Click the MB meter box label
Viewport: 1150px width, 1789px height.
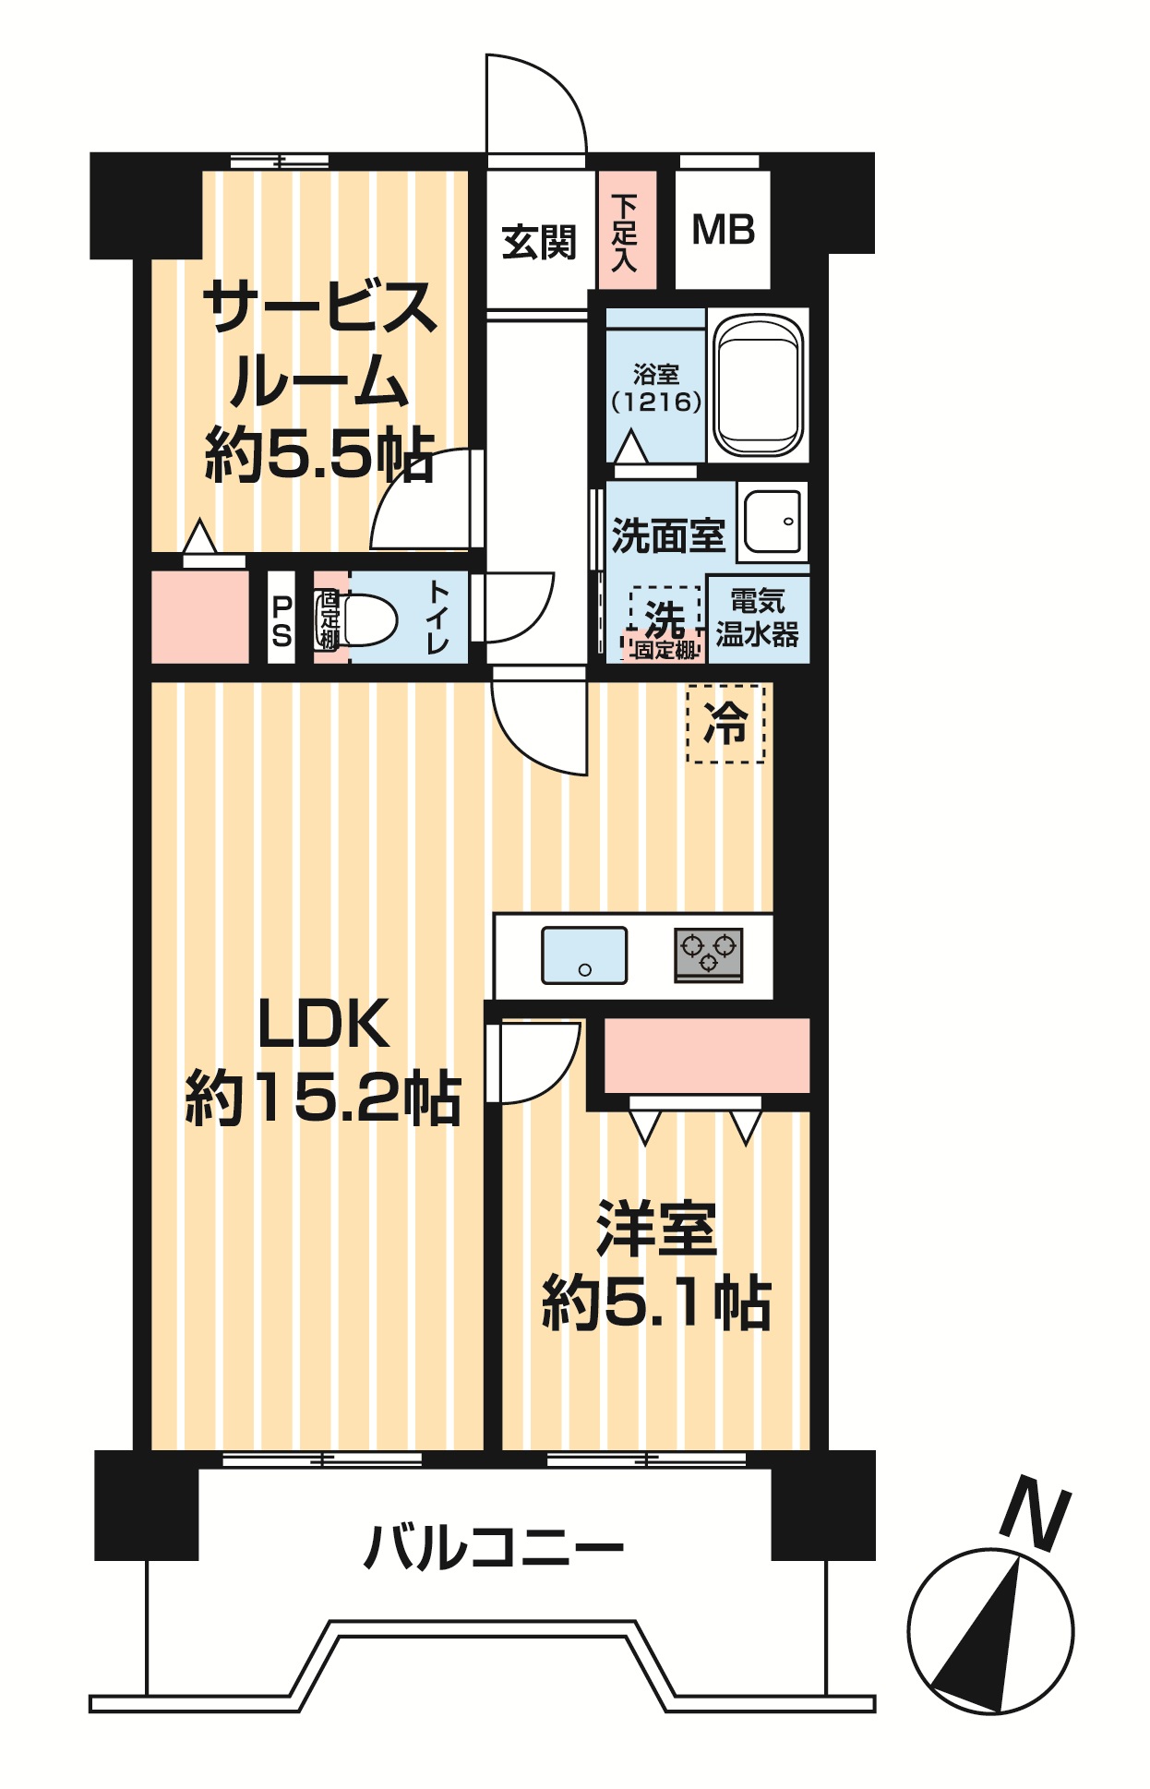point(724,230)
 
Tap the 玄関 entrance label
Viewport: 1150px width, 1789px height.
point(539,242)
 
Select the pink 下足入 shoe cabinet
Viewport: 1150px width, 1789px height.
point(627,230)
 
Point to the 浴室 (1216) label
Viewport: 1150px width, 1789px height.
point(656,388)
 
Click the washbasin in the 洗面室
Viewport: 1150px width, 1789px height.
point(773,522)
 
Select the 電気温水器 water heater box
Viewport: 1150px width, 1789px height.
point(759,619)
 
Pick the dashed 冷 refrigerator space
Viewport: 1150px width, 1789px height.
point(725,724)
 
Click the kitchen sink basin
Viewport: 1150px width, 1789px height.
point(584,955)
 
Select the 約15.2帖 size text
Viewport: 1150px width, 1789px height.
point(323,1098)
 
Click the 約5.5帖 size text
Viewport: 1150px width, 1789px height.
point(319,453)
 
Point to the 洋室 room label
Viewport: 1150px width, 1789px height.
point(656,1229)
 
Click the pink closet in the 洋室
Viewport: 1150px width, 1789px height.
point(707,1056)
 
